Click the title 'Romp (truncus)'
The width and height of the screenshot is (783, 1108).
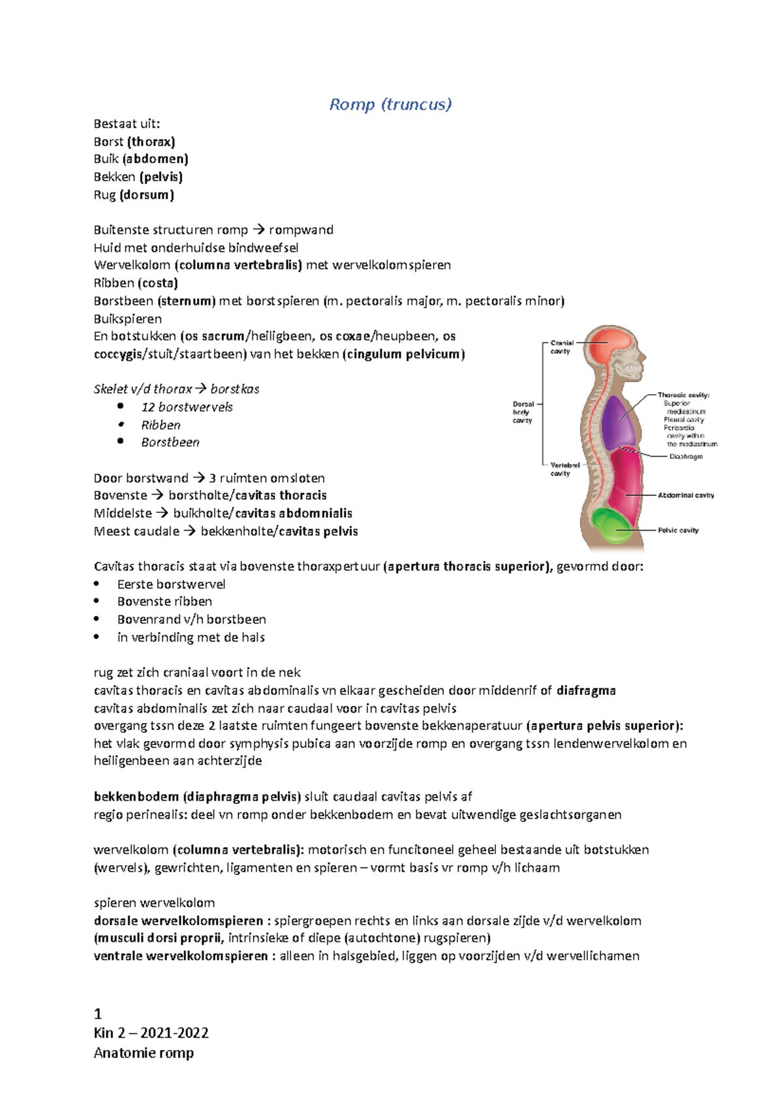[x=390, y=104]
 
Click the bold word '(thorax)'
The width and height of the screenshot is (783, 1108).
[x=151, y=142]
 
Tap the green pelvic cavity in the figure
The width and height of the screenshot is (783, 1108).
[x=612, y=525]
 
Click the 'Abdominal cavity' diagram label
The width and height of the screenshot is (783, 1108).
[x=686, y=495]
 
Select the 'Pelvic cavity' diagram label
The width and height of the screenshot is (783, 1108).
[x=678, y=531]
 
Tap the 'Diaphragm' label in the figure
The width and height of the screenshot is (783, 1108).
[x=686, y=456]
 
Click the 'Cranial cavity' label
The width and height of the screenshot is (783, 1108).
[x=561, y=346]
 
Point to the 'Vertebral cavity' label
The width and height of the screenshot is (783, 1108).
[x=564, y=469]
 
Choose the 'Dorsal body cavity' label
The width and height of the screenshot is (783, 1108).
[x=523, y=412]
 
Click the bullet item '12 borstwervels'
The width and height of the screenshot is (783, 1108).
[x=187, y=407]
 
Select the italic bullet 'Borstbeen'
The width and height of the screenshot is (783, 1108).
[x=170, y=442]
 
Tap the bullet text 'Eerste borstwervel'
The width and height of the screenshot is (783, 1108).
[x=171, y=584]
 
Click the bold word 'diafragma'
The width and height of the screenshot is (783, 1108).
[x=586, y=690]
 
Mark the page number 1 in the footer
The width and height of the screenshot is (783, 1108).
[x=98, y=1013]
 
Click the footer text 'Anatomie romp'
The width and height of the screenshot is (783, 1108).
[x=144, y=1053]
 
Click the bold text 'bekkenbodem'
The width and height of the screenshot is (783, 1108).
[x=136, y=797]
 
